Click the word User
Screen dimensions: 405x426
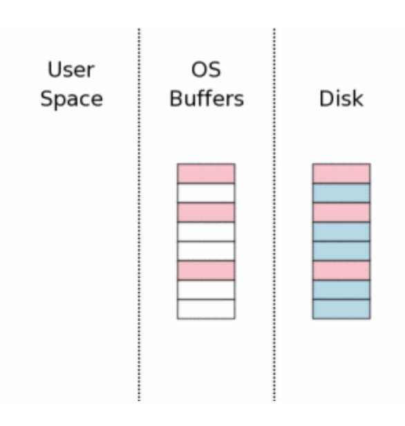pyautogui.click(x=71, y=70)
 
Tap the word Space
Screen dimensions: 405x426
pyautogui.click(x=72, y=99)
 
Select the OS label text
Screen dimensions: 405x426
pyautogui.click(x=206, y=70)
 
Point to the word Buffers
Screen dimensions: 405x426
pyautogui.click(x=207, y=98)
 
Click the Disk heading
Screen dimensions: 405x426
pyautogui.click(x=341, y=98)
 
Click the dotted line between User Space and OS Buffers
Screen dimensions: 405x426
pyautogui.click(x=139, y=214)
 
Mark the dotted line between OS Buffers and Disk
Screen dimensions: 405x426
pyautogui.click(x=274, y=214)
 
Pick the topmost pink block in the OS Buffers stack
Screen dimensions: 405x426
pyautogui.click(x=206, y=174)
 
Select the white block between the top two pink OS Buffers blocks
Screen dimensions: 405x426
pyautogui.click(x=206, y=193)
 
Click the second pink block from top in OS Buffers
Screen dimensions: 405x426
pyautogui.click(x=206, y=212)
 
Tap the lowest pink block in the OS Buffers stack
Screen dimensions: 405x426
pyautogui.click(x=206, y=270)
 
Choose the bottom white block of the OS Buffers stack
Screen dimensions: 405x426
pyautogui.click(x=206, y=309)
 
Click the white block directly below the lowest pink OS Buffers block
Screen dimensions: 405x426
pyautogui.click(x=206, y=290)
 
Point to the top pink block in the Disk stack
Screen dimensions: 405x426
pyautogui.click(x=341, y=174)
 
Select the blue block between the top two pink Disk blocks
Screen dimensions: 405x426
pyautogui.click(x=341, y=193)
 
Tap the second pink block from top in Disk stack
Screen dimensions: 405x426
pyautogui.click(x=341, y=212)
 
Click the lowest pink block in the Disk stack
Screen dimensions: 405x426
pyautogui.click(x=341, y=270)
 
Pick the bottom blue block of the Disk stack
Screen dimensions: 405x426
pyautogui.click(x=341, y=309)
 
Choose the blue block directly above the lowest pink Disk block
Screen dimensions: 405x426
pyautogui.click(x=341, y=251)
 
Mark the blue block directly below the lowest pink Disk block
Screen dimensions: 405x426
pyautogui.click(x=341, y=290)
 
